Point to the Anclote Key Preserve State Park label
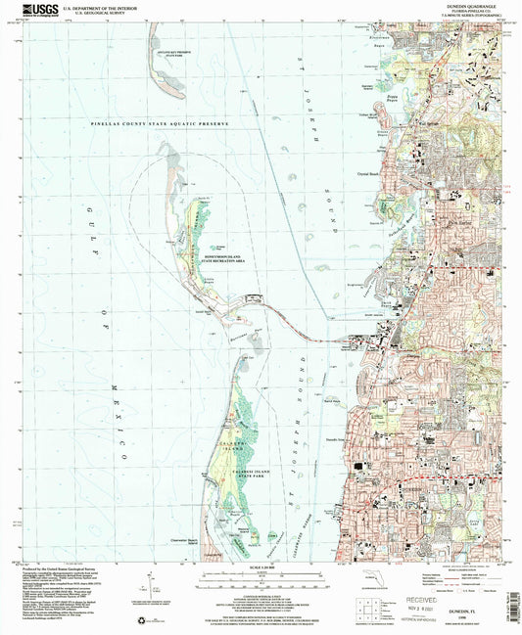coord(168,57)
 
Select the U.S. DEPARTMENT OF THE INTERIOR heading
coord(96,6)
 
